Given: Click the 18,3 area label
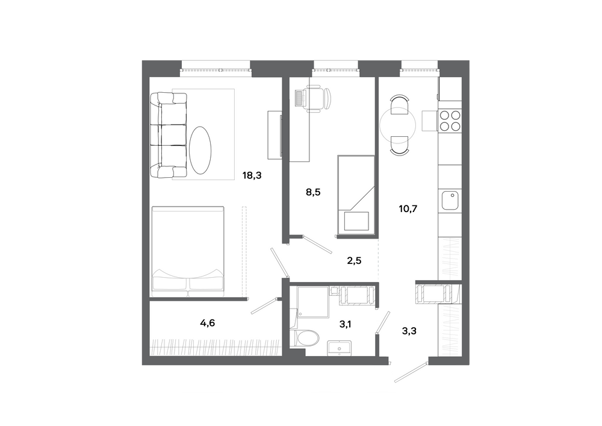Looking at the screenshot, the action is [x=252, y=176].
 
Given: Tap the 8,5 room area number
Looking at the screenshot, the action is [x=313, y=192].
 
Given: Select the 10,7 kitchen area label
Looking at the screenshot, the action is [x=408, y=209].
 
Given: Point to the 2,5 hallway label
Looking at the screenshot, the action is [x=354, y=262].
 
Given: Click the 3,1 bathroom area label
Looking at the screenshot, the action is [x=345, y=325].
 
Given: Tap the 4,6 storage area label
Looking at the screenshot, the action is [x=207, y=324].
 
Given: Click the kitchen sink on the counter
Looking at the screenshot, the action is [x=450, y=200].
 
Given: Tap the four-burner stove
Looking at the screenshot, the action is [x=450, y=121].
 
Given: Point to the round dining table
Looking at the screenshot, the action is [x=398, y=125].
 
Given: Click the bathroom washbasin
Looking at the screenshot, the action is [x=339, y=348].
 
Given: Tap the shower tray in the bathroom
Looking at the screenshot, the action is [x=313, y=302].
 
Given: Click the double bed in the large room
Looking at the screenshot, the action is [x=188, y=252].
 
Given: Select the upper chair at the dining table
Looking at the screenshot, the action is [x=399, y=104].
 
